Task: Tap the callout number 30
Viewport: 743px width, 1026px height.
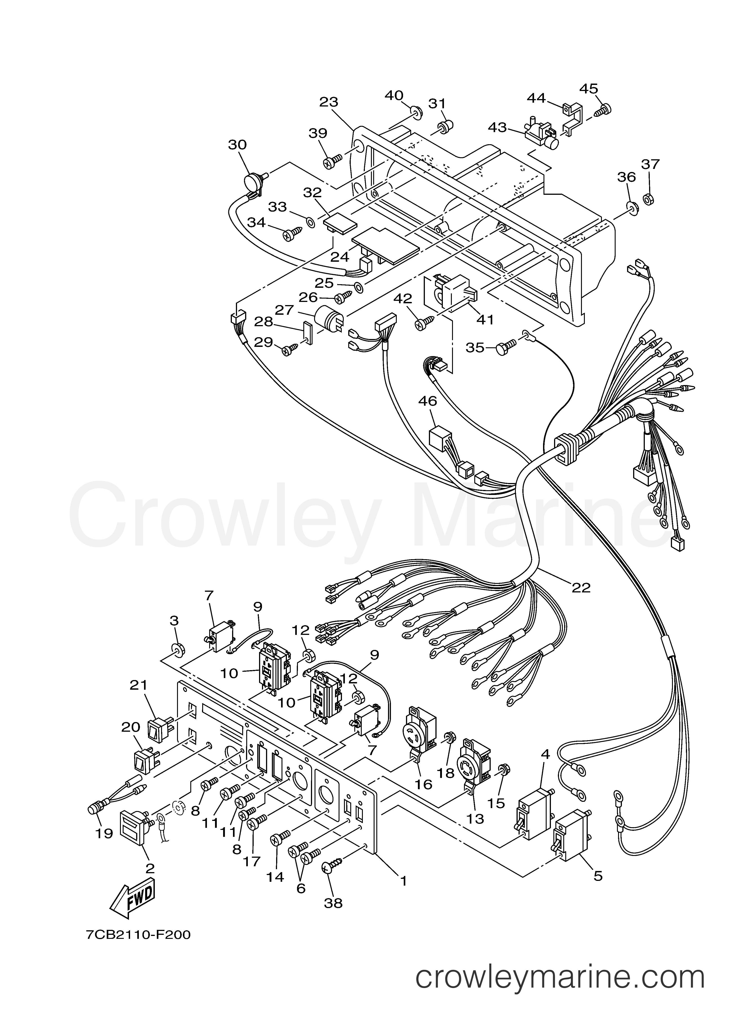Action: tap(237, 145)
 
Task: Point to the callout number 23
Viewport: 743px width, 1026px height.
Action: tap(329, 102)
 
